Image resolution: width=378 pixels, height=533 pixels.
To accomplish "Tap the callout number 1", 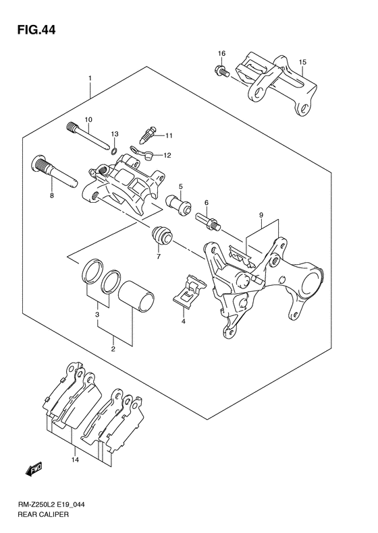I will point(90,79).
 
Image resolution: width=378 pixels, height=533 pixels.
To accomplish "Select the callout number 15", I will point(302,63).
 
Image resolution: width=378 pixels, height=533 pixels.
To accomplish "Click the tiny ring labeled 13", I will point(115,148).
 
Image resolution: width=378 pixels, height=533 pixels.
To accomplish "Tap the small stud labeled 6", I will point(207,220).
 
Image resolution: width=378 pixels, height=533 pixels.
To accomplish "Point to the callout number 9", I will point(260,215).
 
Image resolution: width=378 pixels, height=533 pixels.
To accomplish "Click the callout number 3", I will point(98,315).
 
